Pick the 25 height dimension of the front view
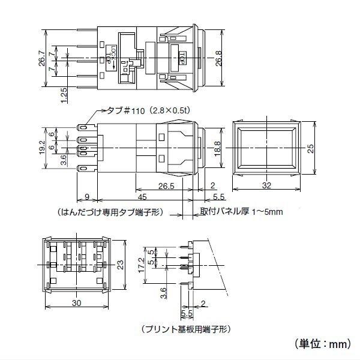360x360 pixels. pos(310,149)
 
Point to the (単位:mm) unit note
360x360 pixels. pos(324,344)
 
